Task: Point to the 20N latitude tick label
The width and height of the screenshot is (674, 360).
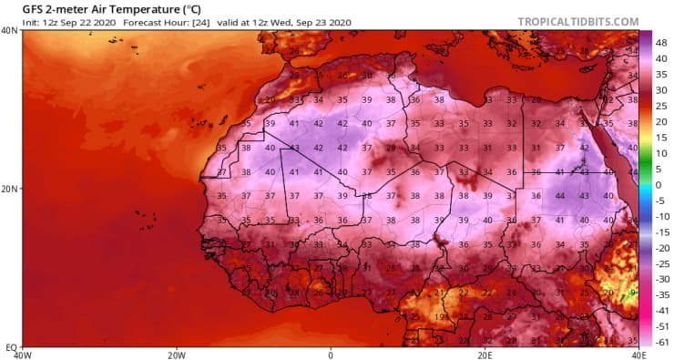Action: point(11,190)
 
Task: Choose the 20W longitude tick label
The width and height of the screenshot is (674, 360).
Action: point(177,355)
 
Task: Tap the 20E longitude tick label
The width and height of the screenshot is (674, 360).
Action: point(485,355)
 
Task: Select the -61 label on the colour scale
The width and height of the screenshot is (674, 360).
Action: point(661,341)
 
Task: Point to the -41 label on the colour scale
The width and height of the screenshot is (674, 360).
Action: point(661,310)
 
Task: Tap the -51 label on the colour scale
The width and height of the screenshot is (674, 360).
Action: point(661,325)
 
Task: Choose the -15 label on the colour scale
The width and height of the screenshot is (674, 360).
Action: point(661,231)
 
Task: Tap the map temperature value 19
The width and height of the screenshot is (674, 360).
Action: point(440,315)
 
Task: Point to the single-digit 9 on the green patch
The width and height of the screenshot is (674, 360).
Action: point(631,292)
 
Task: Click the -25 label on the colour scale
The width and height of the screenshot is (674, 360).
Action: point(661,262)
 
